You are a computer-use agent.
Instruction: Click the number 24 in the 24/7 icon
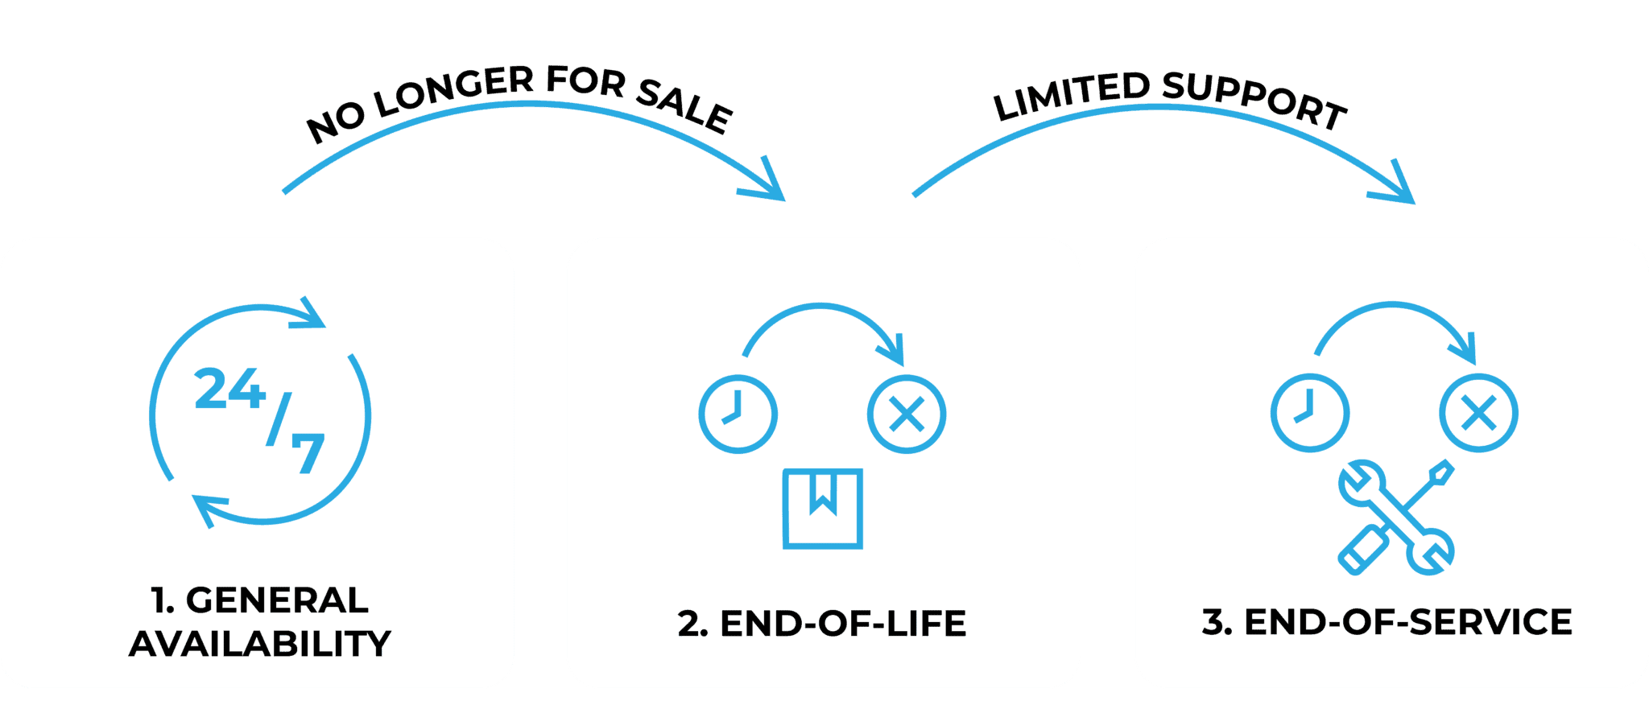(230, 390)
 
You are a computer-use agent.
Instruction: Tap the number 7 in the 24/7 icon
(308, 453)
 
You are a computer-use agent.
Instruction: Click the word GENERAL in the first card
(277, 600)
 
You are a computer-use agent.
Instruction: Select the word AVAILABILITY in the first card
(259, 644)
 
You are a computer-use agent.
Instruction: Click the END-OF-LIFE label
(821, 624)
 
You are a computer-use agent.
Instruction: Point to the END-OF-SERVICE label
(1387, 622)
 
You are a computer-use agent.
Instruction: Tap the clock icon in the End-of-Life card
(738, 414)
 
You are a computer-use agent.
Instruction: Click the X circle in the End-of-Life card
(907, 414)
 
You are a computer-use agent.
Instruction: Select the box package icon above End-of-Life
(822, 509)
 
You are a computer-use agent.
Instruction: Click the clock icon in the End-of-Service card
(1309, 413)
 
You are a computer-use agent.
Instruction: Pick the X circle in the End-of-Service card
(1478, 413)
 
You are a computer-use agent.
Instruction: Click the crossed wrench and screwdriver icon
(1397, 518)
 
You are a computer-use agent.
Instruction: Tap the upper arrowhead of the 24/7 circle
(309, 315)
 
